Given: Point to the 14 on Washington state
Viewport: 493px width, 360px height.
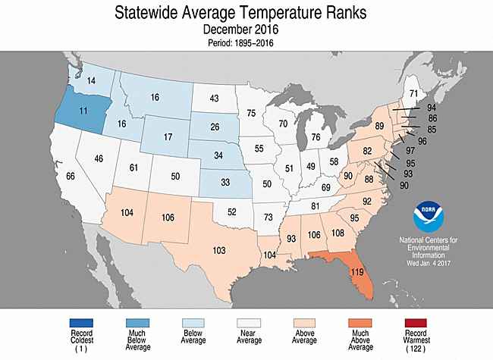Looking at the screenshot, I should [x=90, y=80].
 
